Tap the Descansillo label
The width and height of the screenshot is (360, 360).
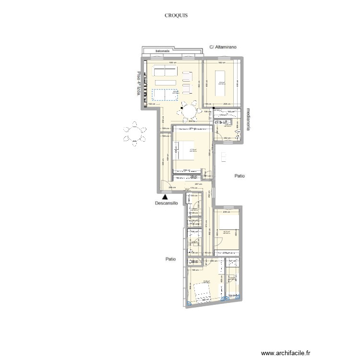tap(166, 203)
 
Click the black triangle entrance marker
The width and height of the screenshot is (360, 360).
tap(165, 196)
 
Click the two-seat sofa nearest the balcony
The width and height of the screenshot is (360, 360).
tap(164, 72)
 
